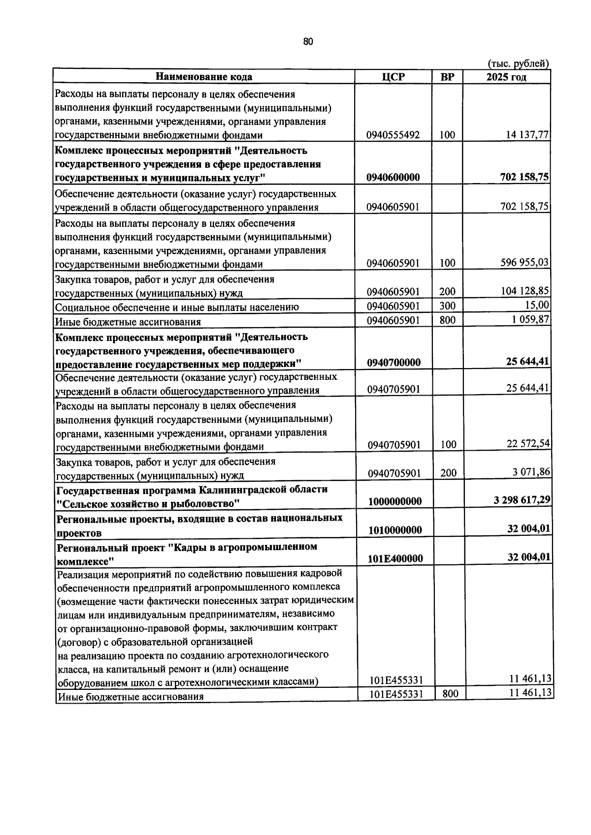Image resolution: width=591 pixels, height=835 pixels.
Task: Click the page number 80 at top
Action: click(x=308, y=42)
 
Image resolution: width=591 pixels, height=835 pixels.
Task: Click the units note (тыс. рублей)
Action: click(x=518, y=63)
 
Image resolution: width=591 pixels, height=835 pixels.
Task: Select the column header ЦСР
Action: click(x=393, y=77)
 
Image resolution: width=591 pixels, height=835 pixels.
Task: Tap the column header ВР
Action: click(x=447, y=77)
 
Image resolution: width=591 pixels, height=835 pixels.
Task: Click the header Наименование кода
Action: click(x=204, y=77)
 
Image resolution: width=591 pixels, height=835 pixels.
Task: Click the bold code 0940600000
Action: click(x=393, y=178)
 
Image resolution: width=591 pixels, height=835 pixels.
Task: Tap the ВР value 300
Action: click(x=447, y=306)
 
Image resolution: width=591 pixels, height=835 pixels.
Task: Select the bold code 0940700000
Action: click(x=393, y=363)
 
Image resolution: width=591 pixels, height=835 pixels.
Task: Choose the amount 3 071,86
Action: click(x=531, y=472)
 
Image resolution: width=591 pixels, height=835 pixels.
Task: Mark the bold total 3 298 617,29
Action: click(x=522, y=500)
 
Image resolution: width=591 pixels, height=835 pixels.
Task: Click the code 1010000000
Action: click(x=395, y=530)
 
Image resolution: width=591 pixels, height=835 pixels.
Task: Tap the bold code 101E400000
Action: click(x=395, y=558)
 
